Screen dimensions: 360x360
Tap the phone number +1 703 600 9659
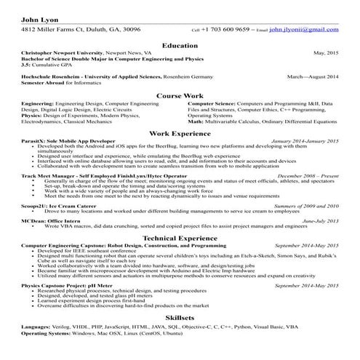(x=225, y=31)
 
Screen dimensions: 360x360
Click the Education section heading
(x=180, y=45)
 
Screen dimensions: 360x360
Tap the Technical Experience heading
(x=180, y=258)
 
